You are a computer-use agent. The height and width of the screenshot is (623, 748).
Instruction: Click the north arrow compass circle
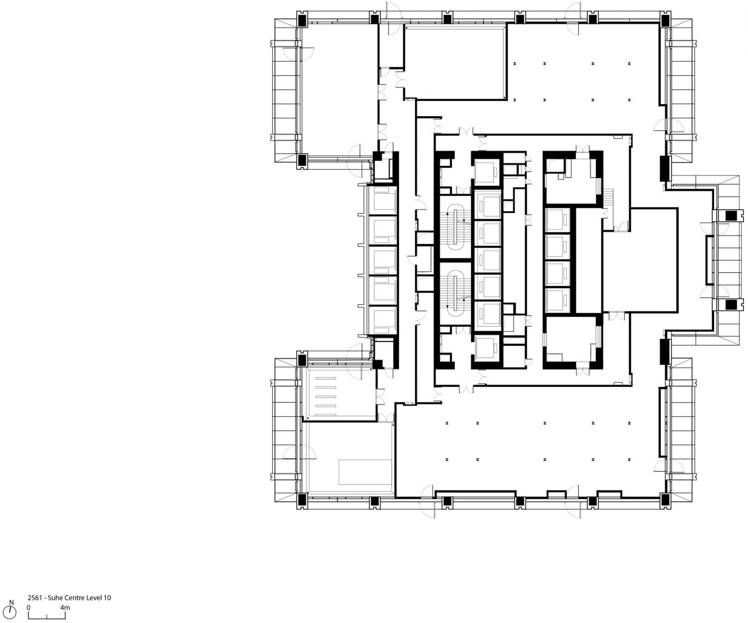[11, 612]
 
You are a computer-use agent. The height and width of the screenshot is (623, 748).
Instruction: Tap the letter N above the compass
[11, 603]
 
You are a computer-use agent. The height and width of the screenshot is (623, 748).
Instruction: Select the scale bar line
[47, 616]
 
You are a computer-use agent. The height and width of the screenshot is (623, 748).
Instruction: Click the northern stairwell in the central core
[455, 227]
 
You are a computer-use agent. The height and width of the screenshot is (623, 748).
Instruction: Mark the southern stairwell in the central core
[455, 294]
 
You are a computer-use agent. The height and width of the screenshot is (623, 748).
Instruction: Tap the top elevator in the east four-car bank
[557, 220]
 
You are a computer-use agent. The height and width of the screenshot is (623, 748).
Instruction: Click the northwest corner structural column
[302, 19]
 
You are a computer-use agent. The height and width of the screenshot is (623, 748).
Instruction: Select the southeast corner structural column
[665, 499]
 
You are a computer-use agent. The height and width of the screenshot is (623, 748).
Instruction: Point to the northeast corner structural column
[665, 19]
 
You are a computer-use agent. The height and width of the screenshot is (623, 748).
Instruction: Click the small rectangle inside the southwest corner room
[365, 472]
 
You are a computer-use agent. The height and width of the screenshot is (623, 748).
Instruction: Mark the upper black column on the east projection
[732, 215]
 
